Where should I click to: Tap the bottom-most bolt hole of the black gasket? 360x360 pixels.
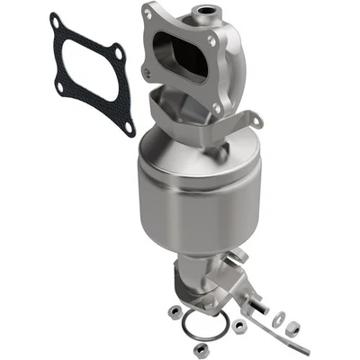(x=128, y=127)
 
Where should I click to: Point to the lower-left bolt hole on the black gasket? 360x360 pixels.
(x=59, y=87)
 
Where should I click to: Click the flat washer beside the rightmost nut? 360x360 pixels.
(x=279, y=317)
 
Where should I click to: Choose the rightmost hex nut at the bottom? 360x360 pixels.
(x=293, y=329)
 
